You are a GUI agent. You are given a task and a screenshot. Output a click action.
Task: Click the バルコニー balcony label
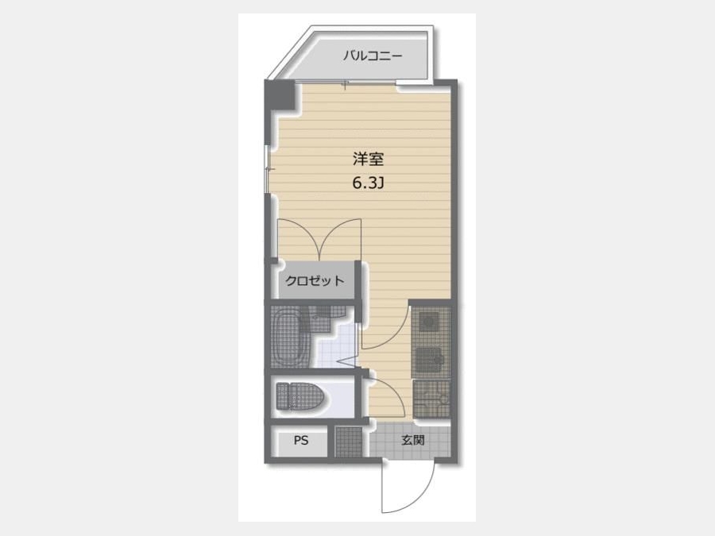[x=373, y=56]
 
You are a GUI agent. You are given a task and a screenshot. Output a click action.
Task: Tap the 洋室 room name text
[x=368, y=159]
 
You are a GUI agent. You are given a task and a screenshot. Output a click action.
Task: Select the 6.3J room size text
[x=368, y=183]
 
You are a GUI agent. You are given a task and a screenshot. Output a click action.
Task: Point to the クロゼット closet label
[x=314, y=280]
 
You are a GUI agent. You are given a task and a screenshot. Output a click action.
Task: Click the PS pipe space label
[x=301, y=440]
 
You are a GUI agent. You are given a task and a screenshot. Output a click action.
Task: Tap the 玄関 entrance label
[x=413, y=440]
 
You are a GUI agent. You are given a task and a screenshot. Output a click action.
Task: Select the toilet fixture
[x=300, y=395]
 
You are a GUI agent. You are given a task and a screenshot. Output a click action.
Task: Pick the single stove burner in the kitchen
[x=429, y=322]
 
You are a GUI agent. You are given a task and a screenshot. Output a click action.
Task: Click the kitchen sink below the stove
[x=429, y=358]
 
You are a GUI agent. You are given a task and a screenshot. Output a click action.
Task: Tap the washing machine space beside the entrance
[x=431, y=399]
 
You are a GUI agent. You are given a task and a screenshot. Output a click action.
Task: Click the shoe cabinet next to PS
[x=349, y=442]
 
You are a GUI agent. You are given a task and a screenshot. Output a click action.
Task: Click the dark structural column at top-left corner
[x=281, y=94]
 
